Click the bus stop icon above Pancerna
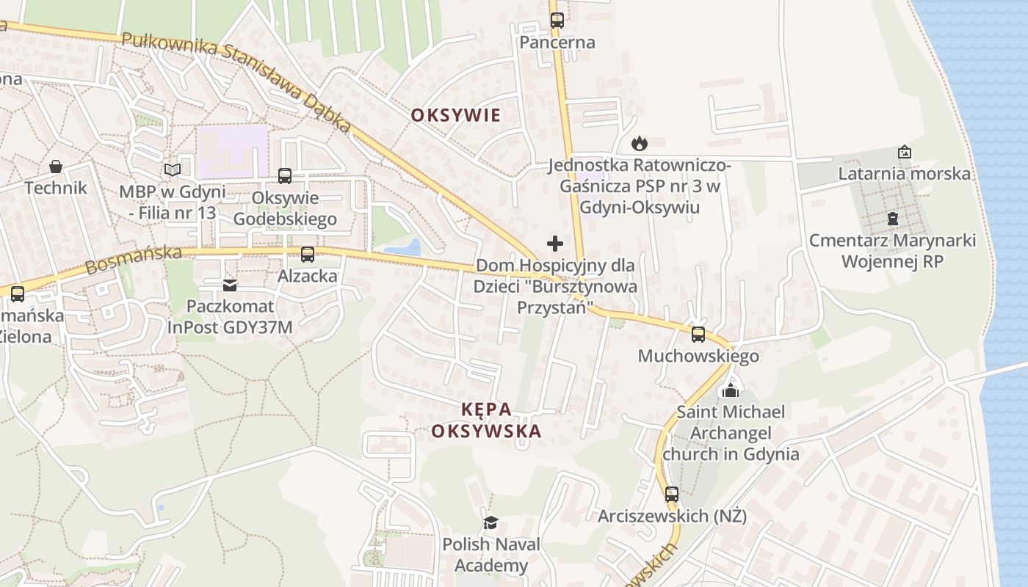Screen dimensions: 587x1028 (x=557, y=21)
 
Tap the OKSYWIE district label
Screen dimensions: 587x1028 (x=455, y=115)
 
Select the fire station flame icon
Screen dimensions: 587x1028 (x=640, y=143)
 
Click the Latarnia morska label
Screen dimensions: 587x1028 (x=904, y=174)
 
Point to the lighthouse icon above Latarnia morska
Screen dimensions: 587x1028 (x=905, y=153)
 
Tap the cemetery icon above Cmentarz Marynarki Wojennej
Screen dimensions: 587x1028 (x=892, y=218)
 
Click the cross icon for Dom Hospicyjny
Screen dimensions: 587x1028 (x=555, y=244)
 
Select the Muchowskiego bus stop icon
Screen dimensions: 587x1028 (x=698, y=335)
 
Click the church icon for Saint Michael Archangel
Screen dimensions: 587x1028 (x=731, y=390)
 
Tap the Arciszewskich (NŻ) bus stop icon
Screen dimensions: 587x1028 (x=672, y=495)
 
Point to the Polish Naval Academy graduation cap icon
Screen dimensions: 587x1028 (x=491, y=522)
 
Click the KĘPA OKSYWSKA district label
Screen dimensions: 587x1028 (x=486, y=420)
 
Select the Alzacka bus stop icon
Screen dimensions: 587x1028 (x=308, y=255)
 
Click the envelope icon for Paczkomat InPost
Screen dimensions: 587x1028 (x=230, y=285)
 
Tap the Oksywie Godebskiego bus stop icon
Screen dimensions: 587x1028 (x=285, y=176)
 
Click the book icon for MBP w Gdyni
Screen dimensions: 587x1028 (x=173, y=170)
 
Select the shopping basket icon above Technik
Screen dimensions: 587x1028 (x=56, y=167)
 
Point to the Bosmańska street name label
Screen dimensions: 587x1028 (x=134, y=260)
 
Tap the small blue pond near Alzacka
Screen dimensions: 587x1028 (x=404, y=248)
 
